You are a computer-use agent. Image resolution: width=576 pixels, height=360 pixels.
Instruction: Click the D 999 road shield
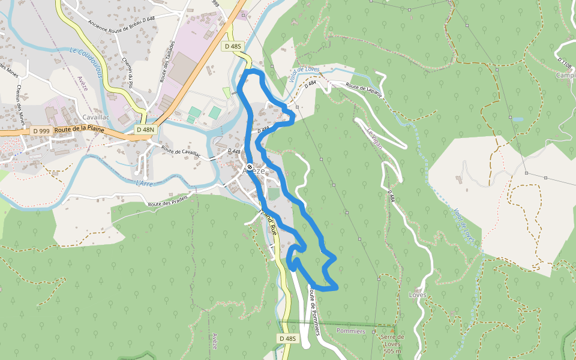coord(41,131)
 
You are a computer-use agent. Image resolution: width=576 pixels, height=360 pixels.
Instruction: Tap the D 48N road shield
coord(145,130)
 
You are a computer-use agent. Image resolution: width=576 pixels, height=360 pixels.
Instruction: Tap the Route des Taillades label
coord(167,61)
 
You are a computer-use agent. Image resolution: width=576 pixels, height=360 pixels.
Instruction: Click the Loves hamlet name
coord(417,295)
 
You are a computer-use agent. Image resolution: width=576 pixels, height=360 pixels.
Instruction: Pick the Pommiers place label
coord(351,331)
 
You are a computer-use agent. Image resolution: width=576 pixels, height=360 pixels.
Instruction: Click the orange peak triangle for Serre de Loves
coord(392,329)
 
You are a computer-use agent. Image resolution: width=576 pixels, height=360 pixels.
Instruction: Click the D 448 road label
coord(235,151)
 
